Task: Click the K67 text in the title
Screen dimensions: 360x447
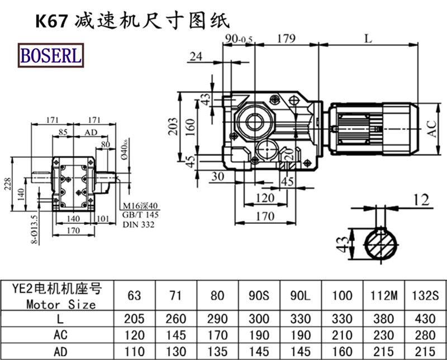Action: (x=52, y=21)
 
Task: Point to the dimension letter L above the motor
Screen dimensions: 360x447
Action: (x=367, y=39)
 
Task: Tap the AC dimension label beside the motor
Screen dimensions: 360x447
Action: (x=432, y=129)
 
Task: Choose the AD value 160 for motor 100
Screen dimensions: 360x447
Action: (x=342, y=352)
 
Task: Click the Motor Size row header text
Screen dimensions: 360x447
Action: (x=61, y=305)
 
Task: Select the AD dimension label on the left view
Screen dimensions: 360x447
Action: (x=89, y=132)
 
